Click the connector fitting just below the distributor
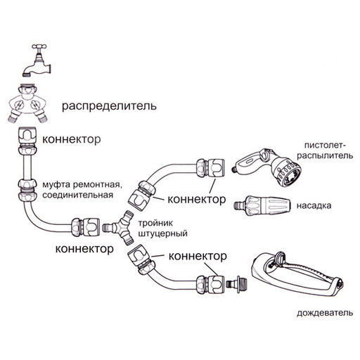pos(29,137)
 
